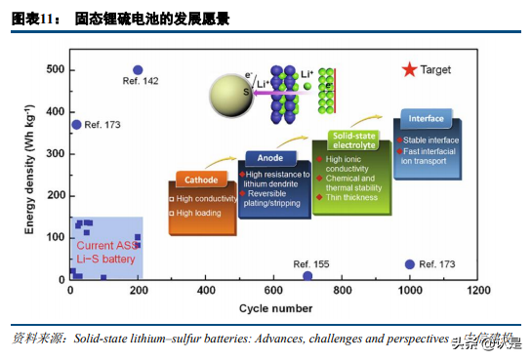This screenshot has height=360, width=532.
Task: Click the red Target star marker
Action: pos(410,69)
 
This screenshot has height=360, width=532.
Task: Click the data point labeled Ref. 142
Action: pos(138,70)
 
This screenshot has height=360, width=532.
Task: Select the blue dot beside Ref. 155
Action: pos(307,276)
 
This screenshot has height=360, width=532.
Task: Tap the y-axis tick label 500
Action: pos(54,69)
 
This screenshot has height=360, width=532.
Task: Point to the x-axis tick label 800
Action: pos(342,292)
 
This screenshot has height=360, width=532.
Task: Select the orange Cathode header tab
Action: pos(202,179)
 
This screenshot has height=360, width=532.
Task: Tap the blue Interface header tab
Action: pos(426,119)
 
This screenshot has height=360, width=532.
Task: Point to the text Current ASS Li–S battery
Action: pos(106,252)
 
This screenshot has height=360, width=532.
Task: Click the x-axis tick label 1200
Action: pos(478,292)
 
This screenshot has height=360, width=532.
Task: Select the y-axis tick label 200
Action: pos(54,195)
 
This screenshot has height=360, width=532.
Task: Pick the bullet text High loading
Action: pos(199,212)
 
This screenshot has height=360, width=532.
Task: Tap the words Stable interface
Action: pos(430,140)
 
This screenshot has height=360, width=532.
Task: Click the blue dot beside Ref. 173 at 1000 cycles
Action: pos(410,264)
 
